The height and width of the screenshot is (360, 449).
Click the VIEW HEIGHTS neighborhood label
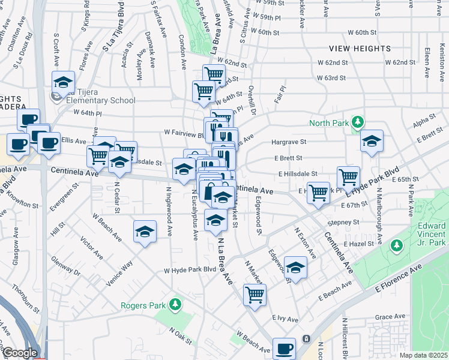point(360,49)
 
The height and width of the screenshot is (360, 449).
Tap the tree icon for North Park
point(358,122)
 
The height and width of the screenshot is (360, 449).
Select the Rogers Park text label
point(143,305)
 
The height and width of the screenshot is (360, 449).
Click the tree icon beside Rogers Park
point(175,305)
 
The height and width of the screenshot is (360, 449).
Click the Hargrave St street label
point(289,142)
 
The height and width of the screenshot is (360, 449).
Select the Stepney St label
point(343,222)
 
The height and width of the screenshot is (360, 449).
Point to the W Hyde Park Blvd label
point(190,270)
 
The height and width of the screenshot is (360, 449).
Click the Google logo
point(20,353)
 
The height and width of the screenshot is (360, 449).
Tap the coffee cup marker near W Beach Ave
point(284,348)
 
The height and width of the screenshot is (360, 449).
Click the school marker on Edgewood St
point(295,267)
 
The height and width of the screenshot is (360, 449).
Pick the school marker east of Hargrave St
point(372,141)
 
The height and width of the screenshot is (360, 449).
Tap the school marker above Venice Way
point(144,232)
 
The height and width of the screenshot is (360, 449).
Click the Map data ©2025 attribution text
point(423,355)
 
